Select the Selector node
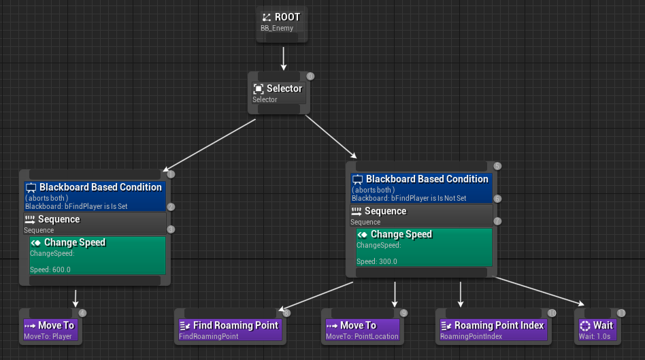(x=278, y=93)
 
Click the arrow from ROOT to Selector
(x=283, y=59)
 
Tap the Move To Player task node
(x=50, y=329)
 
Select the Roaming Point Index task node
(x=493, y=329)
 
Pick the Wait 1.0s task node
(x=597, y=329)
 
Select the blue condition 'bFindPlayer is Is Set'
(x=95, y=196)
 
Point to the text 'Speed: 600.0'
(x=50, y=269)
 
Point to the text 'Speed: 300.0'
(x=377, y=261)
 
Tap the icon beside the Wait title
(x=584, y=326)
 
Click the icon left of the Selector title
(x=259, y=88)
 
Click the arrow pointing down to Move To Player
(x=76, y=299)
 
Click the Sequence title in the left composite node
(x=59, y=219)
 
